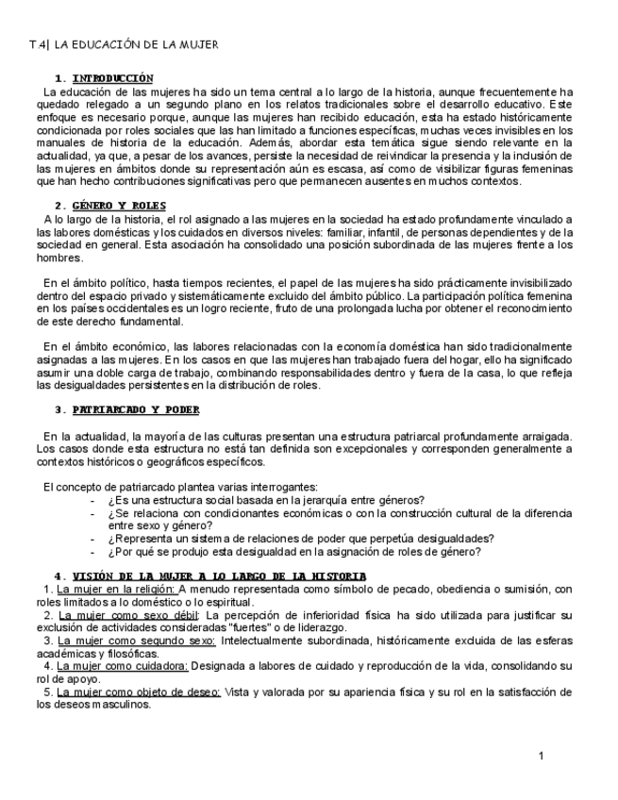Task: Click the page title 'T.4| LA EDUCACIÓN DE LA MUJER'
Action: point(124,44)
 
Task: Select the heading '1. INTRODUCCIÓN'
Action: point(104,77)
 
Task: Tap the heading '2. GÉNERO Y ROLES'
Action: point(110,205)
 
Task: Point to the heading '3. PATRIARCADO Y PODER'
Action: point(126,409)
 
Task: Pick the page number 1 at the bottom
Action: point(542,757)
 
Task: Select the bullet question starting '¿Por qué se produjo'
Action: point(294,552)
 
